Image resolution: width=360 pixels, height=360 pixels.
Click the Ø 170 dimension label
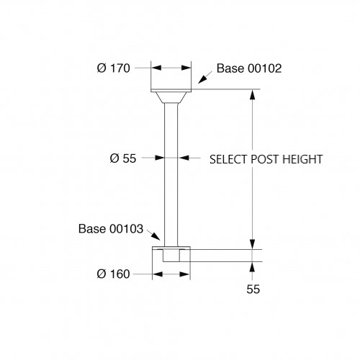click(114, 68)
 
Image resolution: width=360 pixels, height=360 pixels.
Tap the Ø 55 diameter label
click(123, 158)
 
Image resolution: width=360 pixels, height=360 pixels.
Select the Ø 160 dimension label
click(113, 274)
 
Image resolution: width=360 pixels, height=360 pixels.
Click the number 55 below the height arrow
click(253, 289)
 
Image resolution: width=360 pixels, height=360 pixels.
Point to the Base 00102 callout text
click(249, 68)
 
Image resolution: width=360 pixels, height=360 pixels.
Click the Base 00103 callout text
click(111, 229)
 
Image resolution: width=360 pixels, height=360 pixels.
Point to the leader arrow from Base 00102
click(205, 77)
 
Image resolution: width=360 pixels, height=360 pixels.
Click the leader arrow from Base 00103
click(153, 235)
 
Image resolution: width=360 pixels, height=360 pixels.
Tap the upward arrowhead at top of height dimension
click(252, 94)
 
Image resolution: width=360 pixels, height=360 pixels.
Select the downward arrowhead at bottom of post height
click(252, 244)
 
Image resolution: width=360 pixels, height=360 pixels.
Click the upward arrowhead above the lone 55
click(252, 267)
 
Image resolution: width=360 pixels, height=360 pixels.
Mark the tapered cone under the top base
click(171, 97)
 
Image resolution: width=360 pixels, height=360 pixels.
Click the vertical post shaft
click(171, 175)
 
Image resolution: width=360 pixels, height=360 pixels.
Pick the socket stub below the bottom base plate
click(171, 256)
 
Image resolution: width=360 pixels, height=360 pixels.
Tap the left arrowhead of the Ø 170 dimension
click(156, 68)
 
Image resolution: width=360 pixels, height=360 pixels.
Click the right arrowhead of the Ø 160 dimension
click(185, 274)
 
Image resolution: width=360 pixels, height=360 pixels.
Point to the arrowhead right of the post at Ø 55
click(184, 158)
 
